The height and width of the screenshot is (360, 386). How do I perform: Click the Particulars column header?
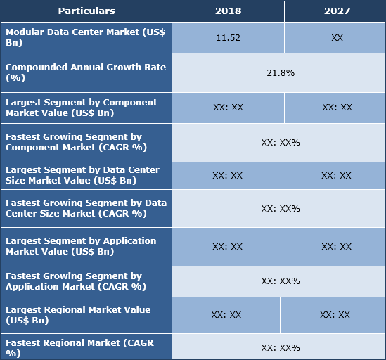point(86,11)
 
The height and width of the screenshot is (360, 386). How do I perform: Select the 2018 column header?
point(228,11)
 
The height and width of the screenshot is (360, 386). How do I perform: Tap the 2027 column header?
point(336,11)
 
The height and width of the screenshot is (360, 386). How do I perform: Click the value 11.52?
point(228,38)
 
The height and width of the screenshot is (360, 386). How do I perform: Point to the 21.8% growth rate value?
point(280,72)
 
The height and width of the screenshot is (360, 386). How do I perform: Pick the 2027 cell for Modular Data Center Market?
point(336,38)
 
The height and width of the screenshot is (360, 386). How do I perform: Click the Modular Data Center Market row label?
point(86,38)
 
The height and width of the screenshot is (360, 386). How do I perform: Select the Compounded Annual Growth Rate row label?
point(86,72)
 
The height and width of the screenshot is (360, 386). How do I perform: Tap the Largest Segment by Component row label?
point(86,108)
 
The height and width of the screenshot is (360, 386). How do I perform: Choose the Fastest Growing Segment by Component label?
point(86,142)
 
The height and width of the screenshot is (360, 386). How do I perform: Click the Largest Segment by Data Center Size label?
point(86,175)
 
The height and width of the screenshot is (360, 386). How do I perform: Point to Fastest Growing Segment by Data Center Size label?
point(86,208)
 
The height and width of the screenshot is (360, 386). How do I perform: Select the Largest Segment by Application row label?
point(86,246)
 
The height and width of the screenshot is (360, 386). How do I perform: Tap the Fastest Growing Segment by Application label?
point(86,281)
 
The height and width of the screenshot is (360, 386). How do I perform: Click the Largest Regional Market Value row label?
point(86,315)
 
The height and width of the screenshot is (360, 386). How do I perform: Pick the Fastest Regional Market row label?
point(86,347)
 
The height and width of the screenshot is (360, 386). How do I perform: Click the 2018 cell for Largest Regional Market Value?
point(226,315)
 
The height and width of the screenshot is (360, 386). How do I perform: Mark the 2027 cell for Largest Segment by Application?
point(336,246)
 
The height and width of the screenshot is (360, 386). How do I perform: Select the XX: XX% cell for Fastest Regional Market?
point(280,347)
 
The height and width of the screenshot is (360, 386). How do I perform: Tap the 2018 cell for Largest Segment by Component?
point(228,108)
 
